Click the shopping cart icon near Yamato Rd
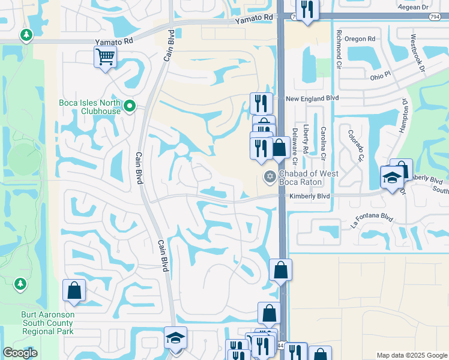coord(105,58)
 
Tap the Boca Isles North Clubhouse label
coord(90,106)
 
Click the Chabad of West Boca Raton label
coord(309,178)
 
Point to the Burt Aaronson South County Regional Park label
coord(38,322)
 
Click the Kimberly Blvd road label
coord(309,196)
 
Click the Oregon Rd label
coord(360,39)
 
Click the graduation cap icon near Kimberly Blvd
coord(392,178)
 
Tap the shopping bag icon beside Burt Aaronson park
coord(74,290)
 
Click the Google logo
coord(20,353)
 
